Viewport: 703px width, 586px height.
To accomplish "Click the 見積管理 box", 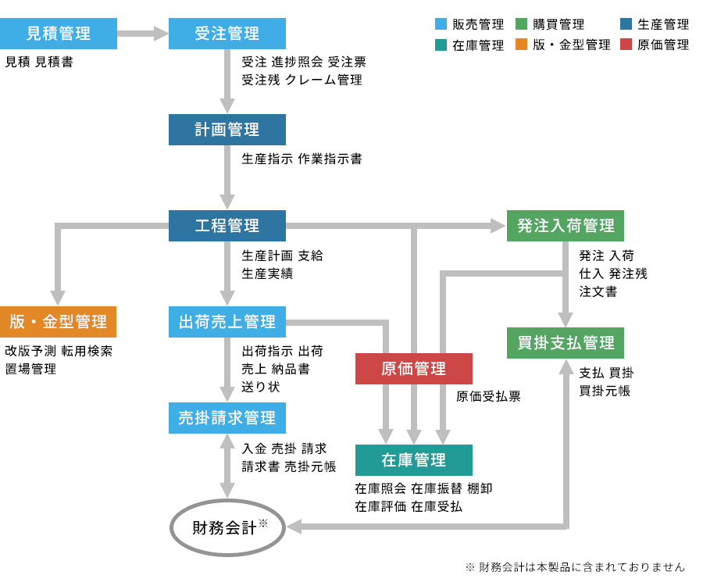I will click(59, 34).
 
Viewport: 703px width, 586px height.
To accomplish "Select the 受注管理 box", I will click(227, 34).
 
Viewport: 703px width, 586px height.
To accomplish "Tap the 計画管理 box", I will click(227, 130).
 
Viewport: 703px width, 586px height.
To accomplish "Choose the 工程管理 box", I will click(227, 226).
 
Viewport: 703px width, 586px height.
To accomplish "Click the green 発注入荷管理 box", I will click(566, 226).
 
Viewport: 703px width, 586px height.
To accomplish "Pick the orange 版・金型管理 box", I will click(59, 322).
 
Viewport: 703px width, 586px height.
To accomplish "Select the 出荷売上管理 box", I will click(227, 322).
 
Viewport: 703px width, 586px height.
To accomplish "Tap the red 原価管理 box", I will click(414, 369).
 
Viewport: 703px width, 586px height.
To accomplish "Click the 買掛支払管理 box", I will click(566, 343).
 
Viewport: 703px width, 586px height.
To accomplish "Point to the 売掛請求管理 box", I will click(227, 418).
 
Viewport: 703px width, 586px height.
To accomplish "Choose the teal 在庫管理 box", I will click(414, 460).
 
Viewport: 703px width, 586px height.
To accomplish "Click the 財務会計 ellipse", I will click(227, 528).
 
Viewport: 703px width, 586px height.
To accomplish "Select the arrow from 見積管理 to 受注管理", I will click(143, 34).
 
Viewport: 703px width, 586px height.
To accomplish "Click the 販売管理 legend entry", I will click(469, 25).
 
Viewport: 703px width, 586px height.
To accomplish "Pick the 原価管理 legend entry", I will click(655, 45).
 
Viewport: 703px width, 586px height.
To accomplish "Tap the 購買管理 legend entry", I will click(550, 25).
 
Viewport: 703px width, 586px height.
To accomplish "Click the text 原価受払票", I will click(488, 396).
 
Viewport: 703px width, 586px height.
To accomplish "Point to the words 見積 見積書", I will click(39, 62).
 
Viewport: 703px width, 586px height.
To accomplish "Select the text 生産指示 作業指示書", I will click(302, 159).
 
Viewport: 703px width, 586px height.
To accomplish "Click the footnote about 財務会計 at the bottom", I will click(575, 567).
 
